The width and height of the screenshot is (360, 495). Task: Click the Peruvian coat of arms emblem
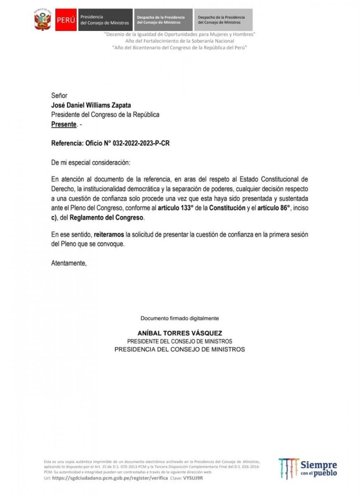(x=42, y=20)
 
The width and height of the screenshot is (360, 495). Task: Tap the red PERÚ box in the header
(x=66, y=20)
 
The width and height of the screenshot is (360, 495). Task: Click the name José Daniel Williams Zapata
(x=91, y=105)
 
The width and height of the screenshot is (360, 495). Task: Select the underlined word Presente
(x=64, y=124)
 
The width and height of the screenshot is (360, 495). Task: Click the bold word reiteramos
(x=109, y=234)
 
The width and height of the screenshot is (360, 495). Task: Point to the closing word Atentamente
(x=69, y=263)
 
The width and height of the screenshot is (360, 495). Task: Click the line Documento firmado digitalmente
(x=180, y=318)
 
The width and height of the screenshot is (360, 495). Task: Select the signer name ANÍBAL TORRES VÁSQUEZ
(x=180, y=333)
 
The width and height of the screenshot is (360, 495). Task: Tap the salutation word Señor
(x=59, y=96)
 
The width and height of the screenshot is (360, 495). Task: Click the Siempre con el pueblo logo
(x=308, y=468)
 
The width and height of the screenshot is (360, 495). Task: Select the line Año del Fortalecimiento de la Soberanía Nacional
(x=180, y=41)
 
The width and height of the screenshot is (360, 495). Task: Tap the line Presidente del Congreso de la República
(x=105, y=115)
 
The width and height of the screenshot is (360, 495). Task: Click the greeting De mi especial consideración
(x=90, y=163)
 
